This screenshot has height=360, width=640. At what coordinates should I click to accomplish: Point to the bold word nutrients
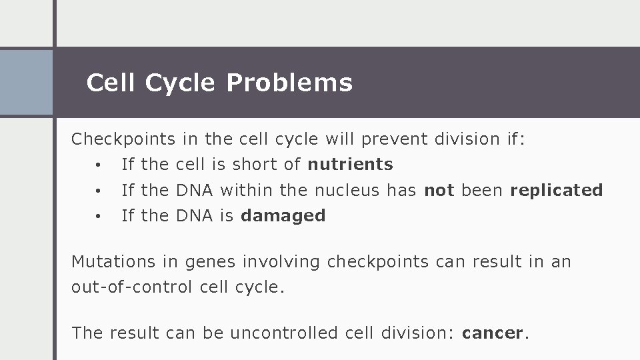click(350, 164)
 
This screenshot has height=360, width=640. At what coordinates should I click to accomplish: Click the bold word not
click(439, 190)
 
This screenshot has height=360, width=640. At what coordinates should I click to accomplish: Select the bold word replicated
click(556, 190)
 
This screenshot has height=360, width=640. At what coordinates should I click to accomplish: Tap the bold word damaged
click(283, 215)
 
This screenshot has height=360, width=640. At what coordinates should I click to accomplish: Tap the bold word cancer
click(493, 333)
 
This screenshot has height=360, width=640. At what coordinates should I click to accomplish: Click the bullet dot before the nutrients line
click(97, 165)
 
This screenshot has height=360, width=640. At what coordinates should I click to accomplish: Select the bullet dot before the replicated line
click(97, 191)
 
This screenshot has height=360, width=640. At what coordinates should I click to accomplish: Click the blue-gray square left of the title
click(26, 83)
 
